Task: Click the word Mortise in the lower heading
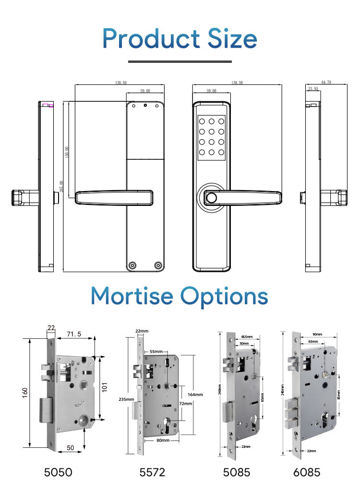pyautogui.click(x=132, y=296)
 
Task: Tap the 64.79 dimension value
pyautogui.click(x=326, y=83)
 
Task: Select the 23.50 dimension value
pyautogui.click(x=313, y=89)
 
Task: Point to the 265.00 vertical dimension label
pyautogui.click(x=61, y=186)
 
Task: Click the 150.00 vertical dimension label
pyautogui.click(x=67, y=152)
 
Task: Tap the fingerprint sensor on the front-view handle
pyautogui.click(x=210, y=197)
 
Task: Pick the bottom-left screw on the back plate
pyautogui.click(x=132, y=265)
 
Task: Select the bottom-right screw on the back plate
pyautogui.click(x=157, y=265)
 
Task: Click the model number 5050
pyautogui.click(x=58, y=472)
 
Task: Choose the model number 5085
pyautogui.click(x=237, y=472)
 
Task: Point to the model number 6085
pyautogui.click(x=307, y=472)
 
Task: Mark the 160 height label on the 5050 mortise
pyautogui.click(x=25, y=392)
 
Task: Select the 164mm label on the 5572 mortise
pyautogui.click(x=195, y=394)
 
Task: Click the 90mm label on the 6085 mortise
pyautogui.click(x=317, y=334)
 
